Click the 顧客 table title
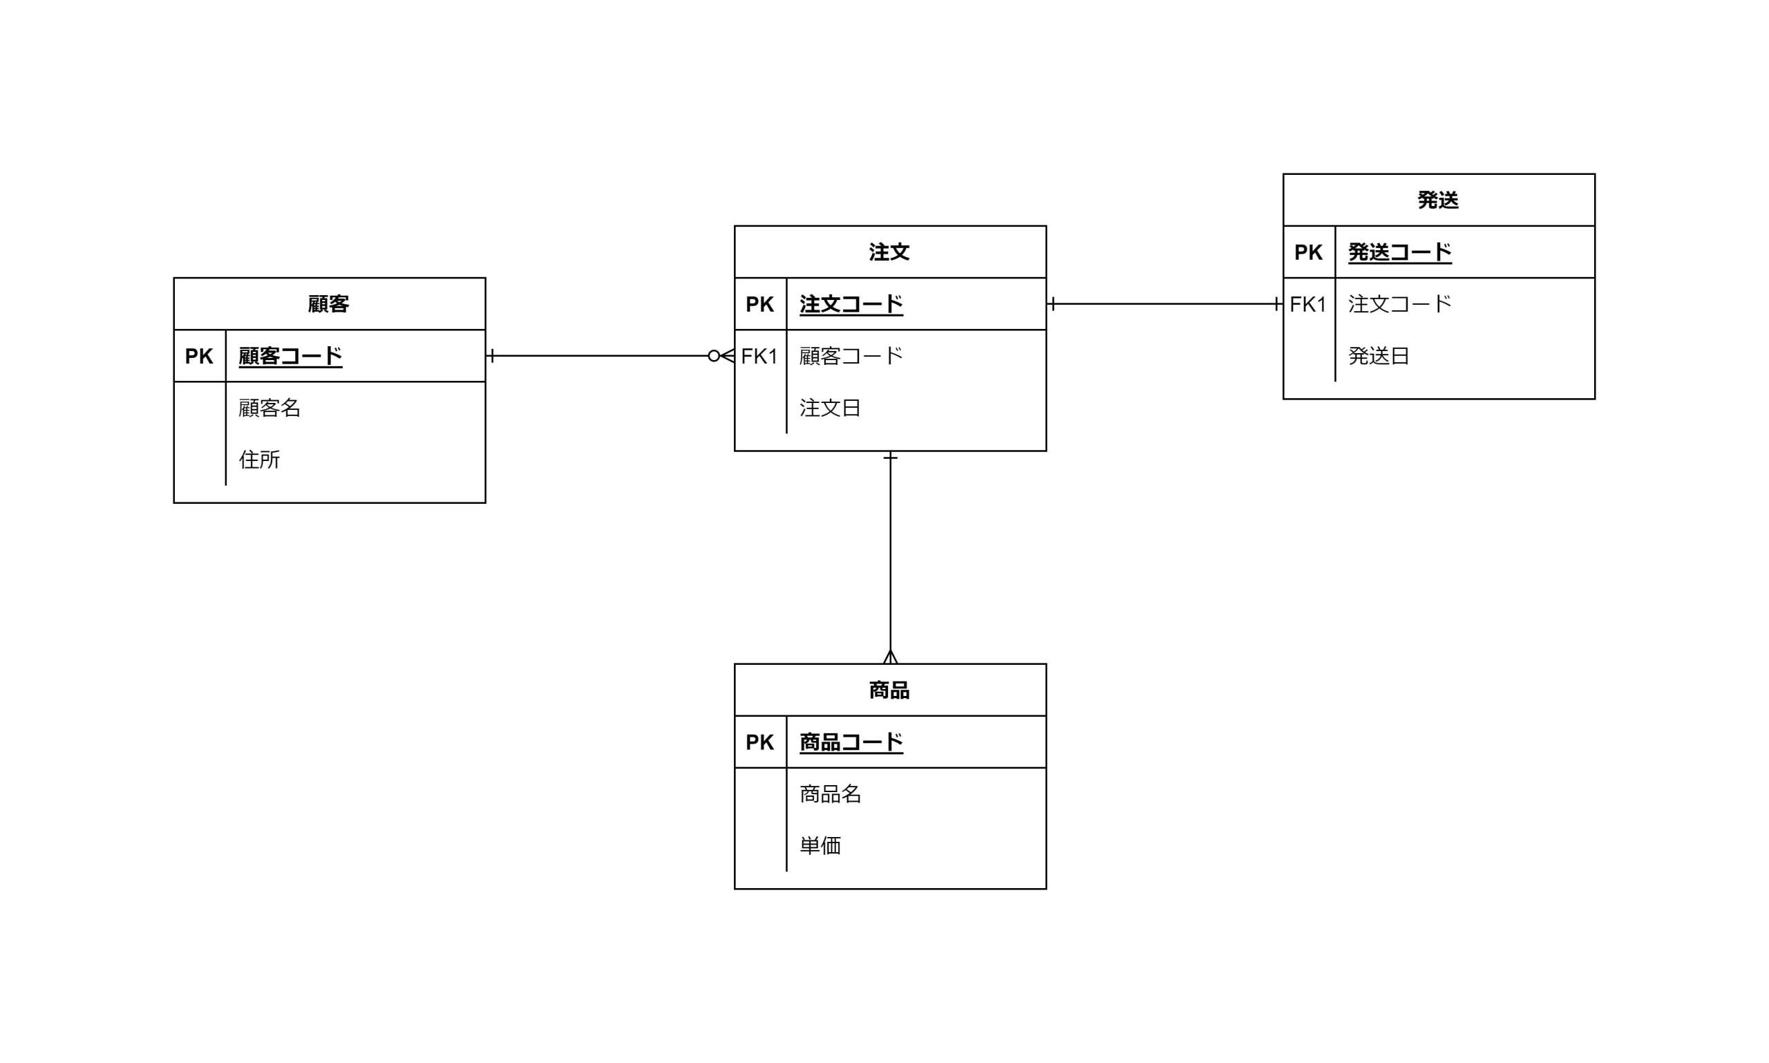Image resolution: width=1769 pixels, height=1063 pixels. [329, 303]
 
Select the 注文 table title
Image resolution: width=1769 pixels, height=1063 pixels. [889, 252]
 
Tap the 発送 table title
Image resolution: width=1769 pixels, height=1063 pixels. [1438, 200]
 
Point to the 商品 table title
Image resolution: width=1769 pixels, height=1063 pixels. [889, 690]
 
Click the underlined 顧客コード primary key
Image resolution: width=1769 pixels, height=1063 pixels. [290, 356]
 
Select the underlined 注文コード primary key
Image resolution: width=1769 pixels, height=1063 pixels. [851, 304]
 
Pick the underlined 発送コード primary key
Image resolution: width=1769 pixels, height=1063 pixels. [1399, 252]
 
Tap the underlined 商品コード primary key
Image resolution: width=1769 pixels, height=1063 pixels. [851, 742]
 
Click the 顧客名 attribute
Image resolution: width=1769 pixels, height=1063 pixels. [269, 408]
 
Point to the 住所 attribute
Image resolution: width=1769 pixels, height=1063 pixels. [259, 459]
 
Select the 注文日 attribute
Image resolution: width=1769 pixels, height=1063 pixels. [830, 408]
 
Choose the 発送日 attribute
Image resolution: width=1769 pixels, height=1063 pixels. [1379, 356]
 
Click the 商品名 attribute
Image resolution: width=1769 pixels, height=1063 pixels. [830, 793]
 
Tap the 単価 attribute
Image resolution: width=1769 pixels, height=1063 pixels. [820, 845]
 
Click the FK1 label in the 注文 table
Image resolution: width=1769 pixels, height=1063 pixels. [759, 356]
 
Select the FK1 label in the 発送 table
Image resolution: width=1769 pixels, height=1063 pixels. [1308, 304]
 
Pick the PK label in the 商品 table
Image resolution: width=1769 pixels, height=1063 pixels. [759, 742]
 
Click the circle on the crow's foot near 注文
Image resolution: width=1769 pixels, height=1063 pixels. [713, 356]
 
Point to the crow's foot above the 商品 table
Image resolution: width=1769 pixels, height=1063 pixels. [890, 656]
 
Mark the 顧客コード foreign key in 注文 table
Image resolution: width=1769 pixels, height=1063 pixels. [851, 356]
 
